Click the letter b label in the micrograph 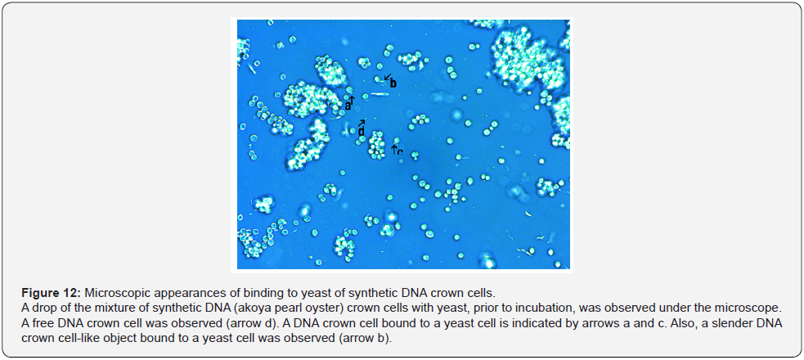[x=393, y=83]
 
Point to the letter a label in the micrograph [x=348, y=106]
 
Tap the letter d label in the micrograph [x=362, y=133]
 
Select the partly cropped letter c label [x=400, y=152]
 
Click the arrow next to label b [x=387, y=76]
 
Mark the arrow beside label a [x=353, y=101]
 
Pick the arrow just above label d [x=362, y=124]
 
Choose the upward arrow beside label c [x=394, y=149]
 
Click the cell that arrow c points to [x=396, y=141]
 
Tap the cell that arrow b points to [x=379, y=79]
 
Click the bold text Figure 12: [x=52, y=294]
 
